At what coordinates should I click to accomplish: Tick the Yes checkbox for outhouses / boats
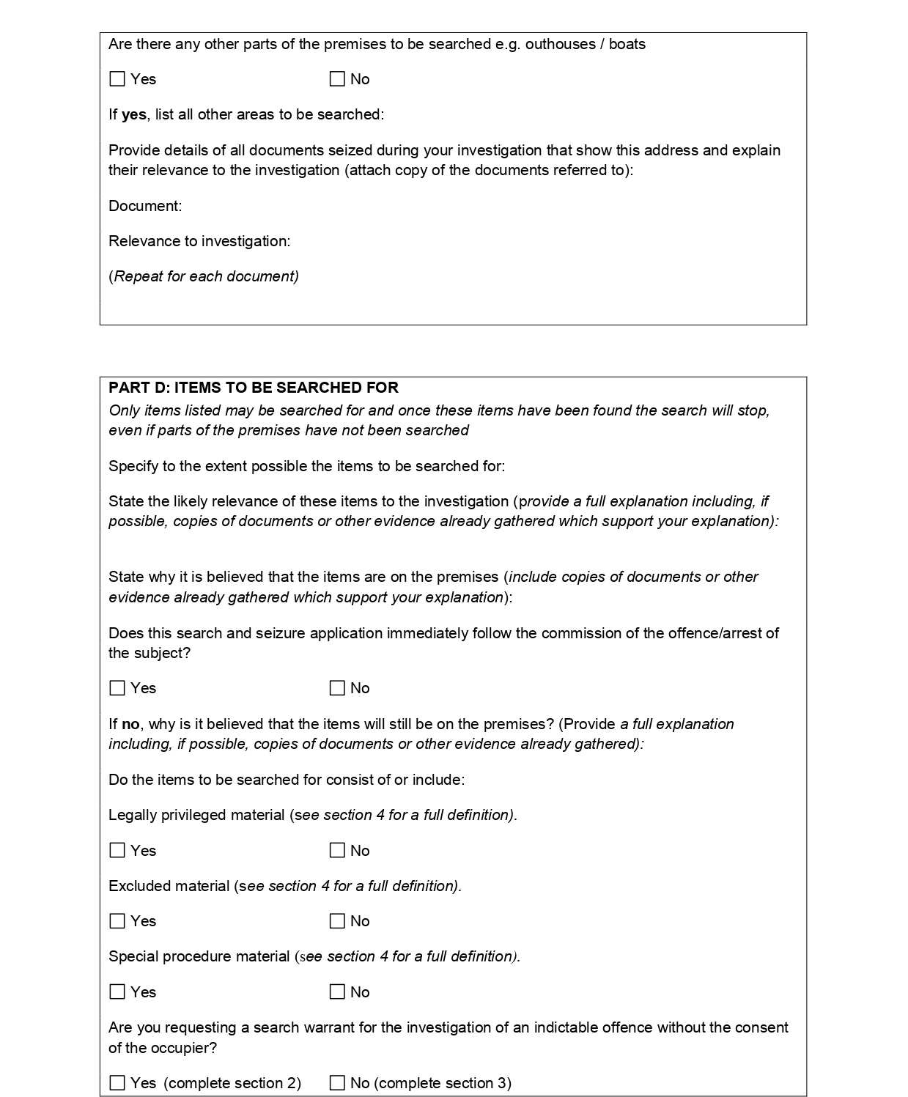[117, 79]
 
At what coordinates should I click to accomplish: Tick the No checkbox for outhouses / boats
[337, 79]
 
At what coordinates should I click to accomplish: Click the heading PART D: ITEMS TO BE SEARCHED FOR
[254, 388]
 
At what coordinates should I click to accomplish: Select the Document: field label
[145, 206]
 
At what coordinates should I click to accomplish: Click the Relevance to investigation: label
[199, 241]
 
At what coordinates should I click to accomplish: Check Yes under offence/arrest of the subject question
[117, 688]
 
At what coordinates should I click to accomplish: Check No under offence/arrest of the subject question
[337, 688]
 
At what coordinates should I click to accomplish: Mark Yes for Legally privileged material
[117, 851]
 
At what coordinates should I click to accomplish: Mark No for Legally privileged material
[337, 851]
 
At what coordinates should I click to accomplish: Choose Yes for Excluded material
[117, 921]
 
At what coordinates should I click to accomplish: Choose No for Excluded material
[337, 921]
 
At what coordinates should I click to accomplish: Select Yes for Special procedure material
[117, 992]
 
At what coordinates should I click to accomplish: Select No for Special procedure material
[337, 992]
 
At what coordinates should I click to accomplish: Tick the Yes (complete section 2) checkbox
[117, 1083]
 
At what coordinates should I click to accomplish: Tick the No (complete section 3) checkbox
[337, 1083]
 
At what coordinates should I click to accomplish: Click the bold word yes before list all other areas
[133, 115]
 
